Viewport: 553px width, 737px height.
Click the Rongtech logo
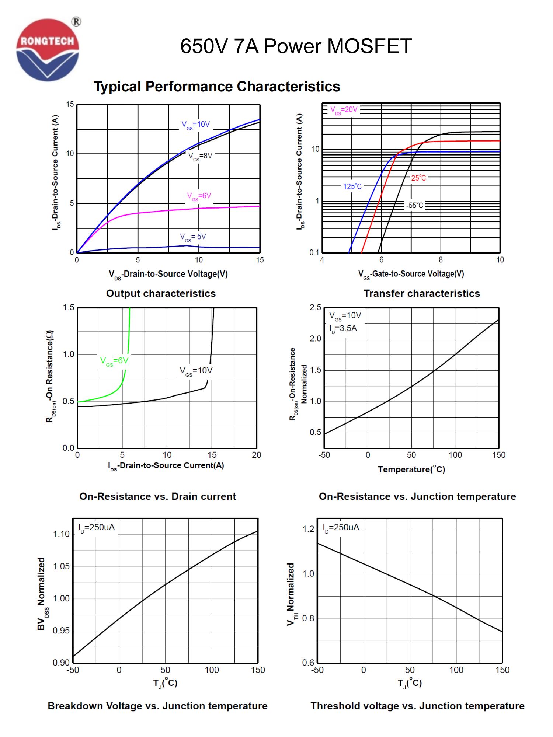point(48,50)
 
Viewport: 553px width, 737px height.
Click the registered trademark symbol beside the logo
point(76,22)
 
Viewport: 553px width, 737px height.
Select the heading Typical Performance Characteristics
point(217,87)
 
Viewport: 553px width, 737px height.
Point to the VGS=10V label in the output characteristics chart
point(196,125)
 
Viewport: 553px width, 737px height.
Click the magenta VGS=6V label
point(199,196)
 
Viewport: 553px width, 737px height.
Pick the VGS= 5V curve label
point(193,237)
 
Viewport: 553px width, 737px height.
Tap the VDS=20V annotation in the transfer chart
point(344,110)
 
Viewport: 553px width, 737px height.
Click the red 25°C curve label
point(418,178)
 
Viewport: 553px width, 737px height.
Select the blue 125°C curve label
point(352,186)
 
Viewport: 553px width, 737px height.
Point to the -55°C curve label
point(415,206)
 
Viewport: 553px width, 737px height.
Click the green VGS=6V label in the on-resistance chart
point(114,361)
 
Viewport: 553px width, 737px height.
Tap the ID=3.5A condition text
point(343,328)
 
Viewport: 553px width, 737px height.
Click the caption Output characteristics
point(161,293)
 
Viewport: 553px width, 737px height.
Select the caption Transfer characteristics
point(422,293)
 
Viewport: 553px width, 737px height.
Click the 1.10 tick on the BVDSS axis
point(61,534)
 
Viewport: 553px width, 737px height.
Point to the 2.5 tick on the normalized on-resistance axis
point(316,307)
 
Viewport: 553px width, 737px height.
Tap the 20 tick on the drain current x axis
point(257,455)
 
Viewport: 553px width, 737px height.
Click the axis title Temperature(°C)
point(411,469)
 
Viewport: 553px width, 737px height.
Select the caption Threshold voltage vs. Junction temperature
point(417,706)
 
